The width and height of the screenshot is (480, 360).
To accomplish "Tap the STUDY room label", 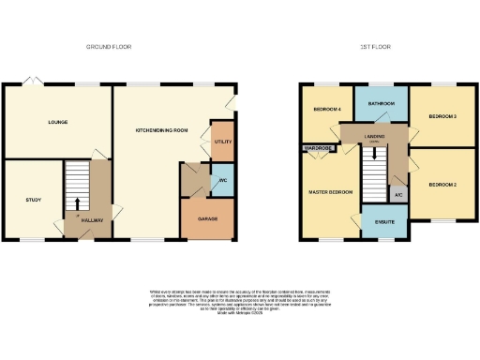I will coord(32,200).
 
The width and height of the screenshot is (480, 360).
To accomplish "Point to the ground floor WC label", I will coord(223,180).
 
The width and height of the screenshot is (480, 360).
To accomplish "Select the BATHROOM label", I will coord(381,104).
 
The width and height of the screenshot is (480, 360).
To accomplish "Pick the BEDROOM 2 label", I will coord(442,185).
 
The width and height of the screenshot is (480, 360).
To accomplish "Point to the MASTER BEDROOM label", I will coord(332,191).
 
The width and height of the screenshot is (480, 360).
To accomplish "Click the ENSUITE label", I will coord(384,223).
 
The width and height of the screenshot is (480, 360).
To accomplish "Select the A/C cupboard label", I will coord(398,194).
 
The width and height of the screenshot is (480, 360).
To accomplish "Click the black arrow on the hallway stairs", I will coord(77,202).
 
